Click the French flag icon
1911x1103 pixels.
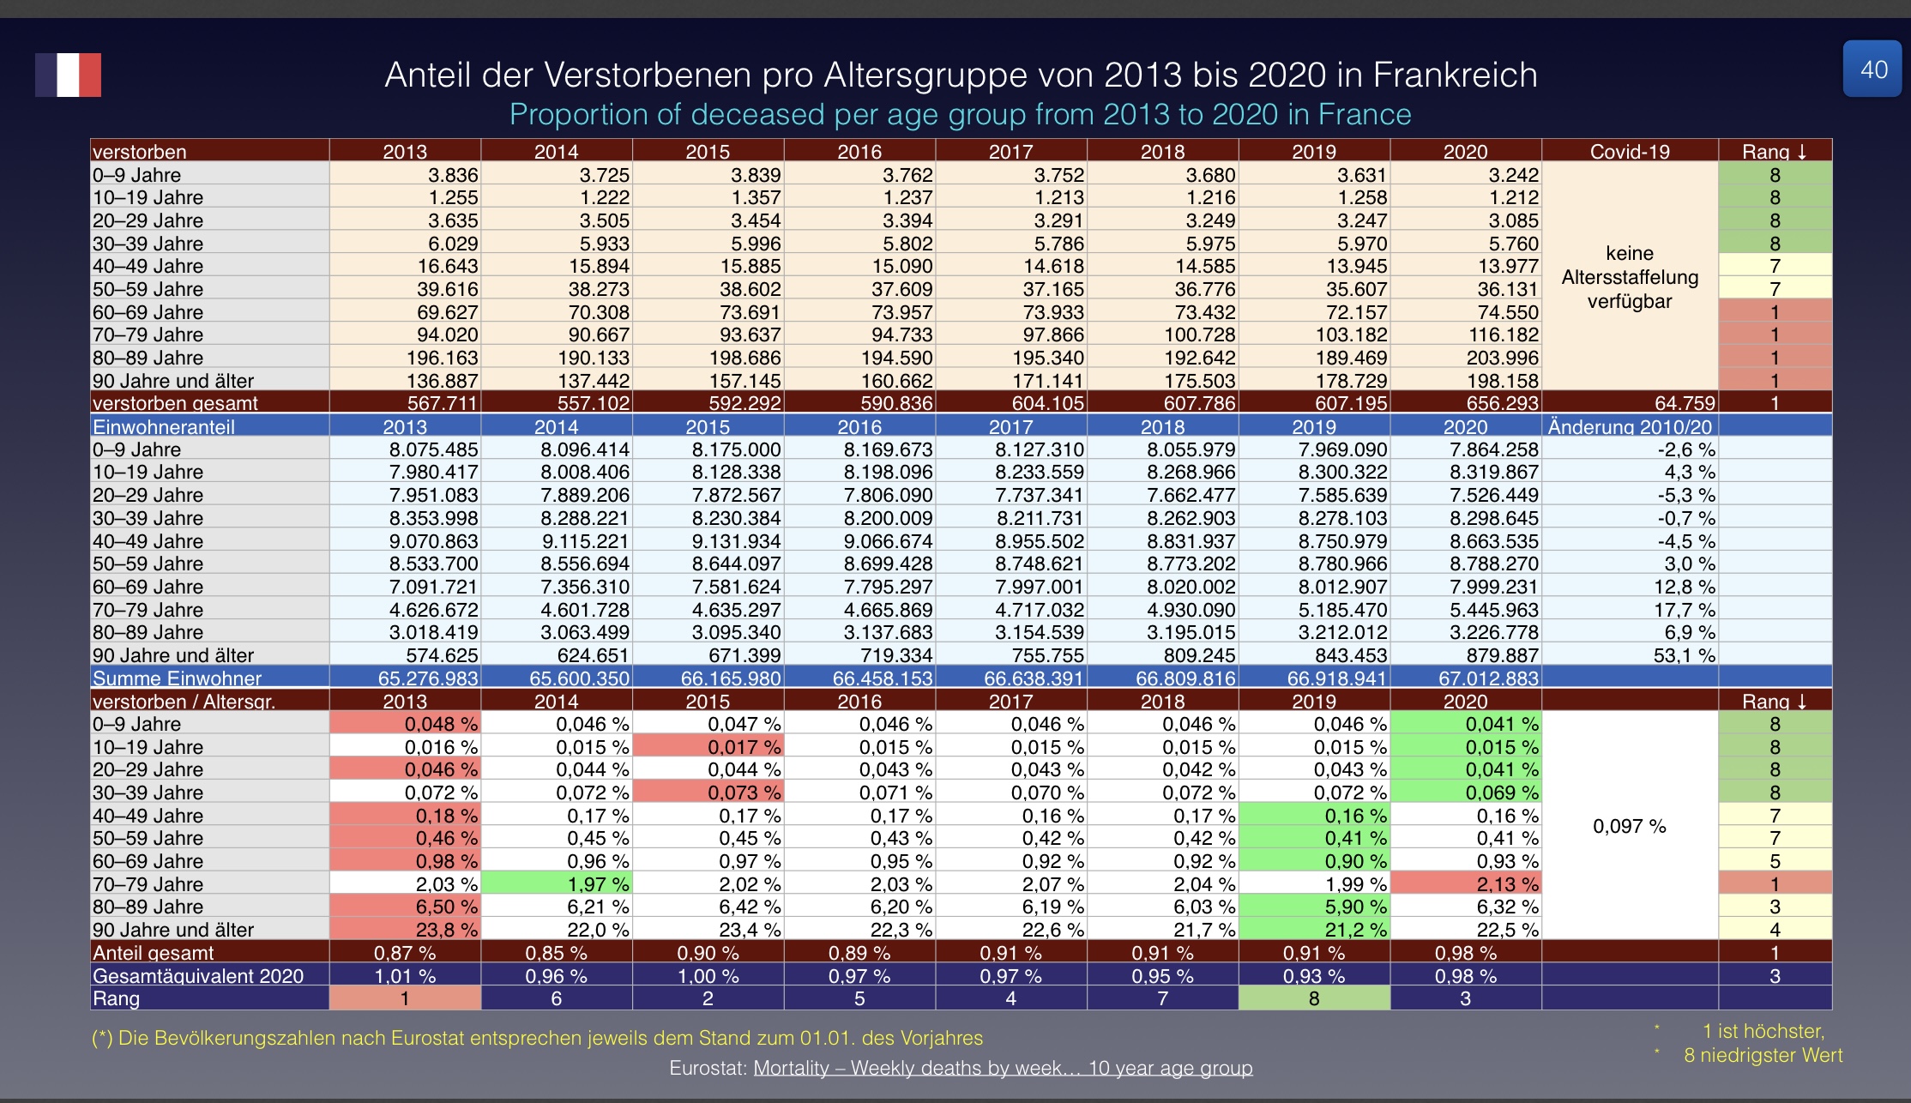pyautogui.click(x=68, y=75)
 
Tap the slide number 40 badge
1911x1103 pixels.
pyautogui.click(x=1874, y=69)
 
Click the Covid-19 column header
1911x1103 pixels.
pyautogui.click(x=1630, y=152)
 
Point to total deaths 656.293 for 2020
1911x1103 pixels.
pyautogui.click(x=1502, y=403)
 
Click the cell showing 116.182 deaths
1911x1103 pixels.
pyautogui.click(x=1502, y=335)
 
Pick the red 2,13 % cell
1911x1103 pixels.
pyautogui.click(x=1502, y=883)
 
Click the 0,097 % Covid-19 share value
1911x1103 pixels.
pyautogui.click(x=1629, y=826)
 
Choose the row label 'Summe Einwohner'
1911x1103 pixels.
pyautogui.click(x=177, y=678)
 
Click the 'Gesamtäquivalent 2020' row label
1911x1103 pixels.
pyautogui.click(x=198, y=976)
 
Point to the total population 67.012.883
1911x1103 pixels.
pyautogui.click(x=1488, y=678)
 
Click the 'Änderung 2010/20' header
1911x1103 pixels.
pyautogui.click(x=1630, y=427)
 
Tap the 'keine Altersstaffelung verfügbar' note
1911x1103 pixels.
pyautogui.click(x=1630, y=277)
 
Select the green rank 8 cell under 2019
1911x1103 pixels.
pyautogui.click(x=1314, y=998)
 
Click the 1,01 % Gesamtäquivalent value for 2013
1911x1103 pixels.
pyautogui.click(x=405, y=976)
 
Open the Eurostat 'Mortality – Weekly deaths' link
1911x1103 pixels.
pyautogui.click(x=1003, y=1068)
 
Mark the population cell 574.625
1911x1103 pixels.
pyautogui.click(x=443, y=655)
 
